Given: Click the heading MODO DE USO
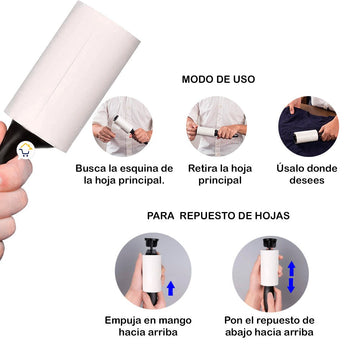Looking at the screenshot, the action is coord(218,79).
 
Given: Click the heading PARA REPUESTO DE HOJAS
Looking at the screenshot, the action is coord(218,216).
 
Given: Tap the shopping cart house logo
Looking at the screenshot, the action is coord(26,150).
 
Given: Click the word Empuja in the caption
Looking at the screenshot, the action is coord(122,321).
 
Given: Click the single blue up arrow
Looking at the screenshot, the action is coord(171,288).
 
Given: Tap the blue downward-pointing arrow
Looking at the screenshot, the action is coord(291,286).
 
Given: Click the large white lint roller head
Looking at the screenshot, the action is coord(72,76).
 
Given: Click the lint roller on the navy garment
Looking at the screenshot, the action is coord(306,137).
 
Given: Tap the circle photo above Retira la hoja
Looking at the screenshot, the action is coord(216,126).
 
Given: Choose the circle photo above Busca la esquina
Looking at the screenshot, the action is coord(122,126).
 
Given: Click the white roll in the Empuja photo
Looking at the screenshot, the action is coord(152,273).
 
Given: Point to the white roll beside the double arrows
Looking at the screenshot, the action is coord(269,268).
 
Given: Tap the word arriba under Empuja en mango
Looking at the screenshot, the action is coord(163,332).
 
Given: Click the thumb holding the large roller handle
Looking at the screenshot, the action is coord(16,171).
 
